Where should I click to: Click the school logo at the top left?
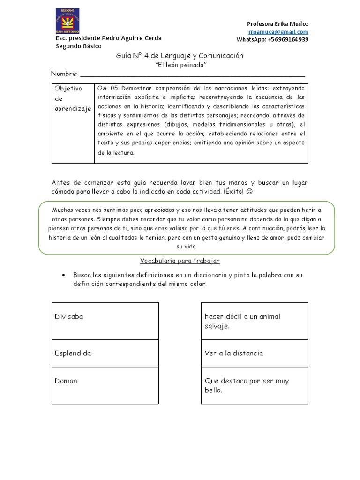click(x=67, y=21)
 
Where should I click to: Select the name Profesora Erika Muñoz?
click(x=277, y=24)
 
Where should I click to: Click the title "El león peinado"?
click(x=180, y=65)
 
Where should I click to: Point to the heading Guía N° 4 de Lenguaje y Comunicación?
click(x=180, y=56)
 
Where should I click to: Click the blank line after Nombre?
click(x=192, y=74)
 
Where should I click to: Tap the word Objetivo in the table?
click(x=68, y=88)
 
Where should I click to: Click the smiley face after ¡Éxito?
click(x=262, y=192)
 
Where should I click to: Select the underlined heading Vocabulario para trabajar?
click(x=180, y=261)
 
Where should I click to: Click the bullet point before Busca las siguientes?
click(x=63, y=275)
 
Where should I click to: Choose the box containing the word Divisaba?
click(x=105, y=321)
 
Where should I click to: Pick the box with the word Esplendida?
click(x=105, y=353)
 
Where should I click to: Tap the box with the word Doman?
click(x=105, y=385)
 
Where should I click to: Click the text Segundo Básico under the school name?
click(x=78, y=46)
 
